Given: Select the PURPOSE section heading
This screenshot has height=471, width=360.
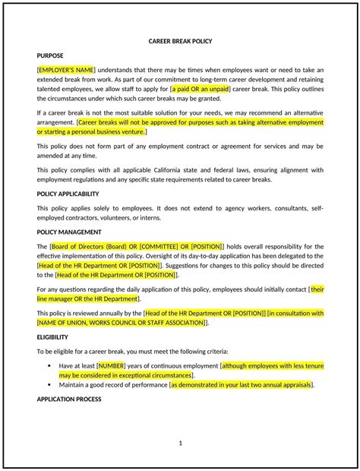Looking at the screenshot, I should click(50, 56).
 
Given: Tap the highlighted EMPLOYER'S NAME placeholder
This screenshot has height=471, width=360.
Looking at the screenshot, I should click(67, 68).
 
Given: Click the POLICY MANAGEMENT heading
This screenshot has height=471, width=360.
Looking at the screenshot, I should click(68, 232).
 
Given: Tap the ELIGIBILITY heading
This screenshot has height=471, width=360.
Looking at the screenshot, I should click(52, 336).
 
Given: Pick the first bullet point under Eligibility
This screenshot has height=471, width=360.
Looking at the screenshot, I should click(50, 365).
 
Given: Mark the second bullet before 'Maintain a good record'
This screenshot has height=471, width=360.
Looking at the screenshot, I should click(50, 385).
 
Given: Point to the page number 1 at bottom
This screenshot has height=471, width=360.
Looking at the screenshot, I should click(180, 442).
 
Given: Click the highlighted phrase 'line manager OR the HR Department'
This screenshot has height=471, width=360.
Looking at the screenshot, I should click(88, 299).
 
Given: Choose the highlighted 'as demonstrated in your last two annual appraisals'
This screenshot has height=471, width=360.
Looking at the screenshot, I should click(241, 385).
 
